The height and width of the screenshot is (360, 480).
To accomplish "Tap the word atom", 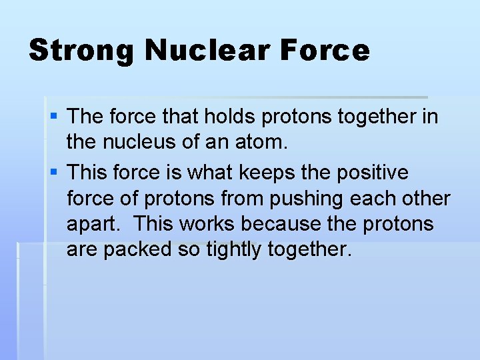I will pyautogui.click(x=262, y=143).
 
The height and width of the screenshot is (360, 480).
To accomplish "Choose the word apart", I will pyautogui.click(x=90, y=225).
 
